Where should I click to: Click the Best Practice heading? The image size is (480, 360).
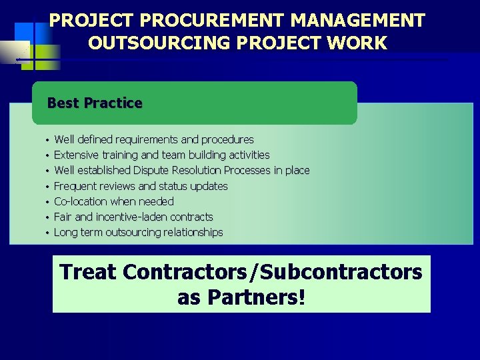pyautogui.click(x=95, y=103)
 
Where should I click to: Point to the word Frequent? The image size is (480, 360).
pyautogui.click(x=75, y=186)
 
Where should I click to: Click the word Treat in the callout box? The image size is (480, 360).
pyautogui.click(x=88, y=272)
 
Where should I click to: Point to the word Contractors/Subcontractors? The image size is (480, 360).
pyautogui.click(x=272, y=272)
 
